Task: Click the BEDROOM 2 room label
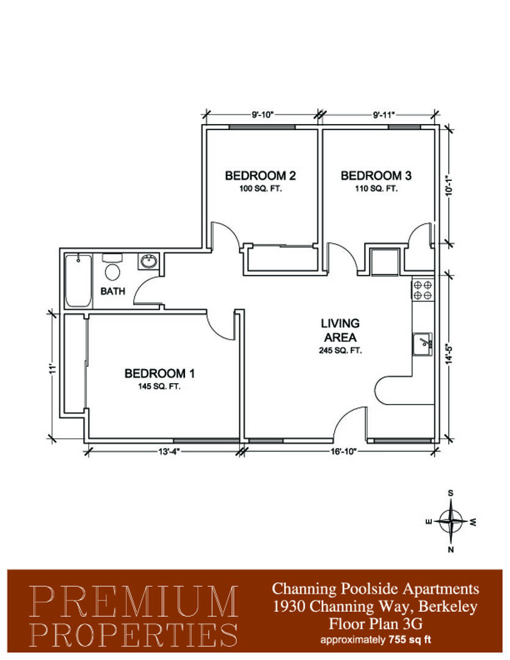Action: tap(260, 175)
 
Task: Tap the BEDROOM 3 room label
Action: tap(376, 175)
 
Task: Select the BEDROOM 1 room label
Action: tap(159, 373)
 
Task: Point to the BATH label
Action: tap(113, 291)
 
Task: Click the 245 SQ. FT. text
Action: tap(340, 350)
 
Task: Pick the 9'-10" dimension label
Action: tap(263, 114)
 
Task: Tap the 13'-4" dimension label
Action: tap(169, 452)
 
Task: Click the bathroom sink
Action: tap(148, 262)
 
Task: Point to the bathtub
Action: tap(79, 280)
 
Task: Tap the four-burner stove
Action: tap(423, 290)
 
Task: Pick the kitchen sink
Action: tap(423, 343)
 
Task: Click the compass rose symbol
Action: tap(451, 521)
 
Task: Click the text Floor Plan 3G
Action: tap(376, 623)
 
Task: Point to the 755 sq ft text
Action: tap(410, 640)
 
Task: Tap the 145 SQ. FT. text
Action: tap(159, 386)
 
